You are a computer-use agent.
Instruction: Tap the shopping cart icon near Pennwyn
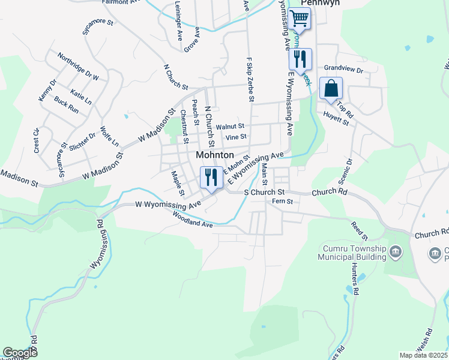click(x=300, y=19)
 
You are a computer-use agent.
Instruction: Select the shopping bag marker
click(x=331, y=89)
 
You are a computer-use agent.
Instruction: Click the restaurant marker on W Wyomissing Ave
click(x=210, y=178)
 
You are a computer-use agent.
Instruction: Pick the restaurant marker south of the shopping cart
click(x=300, y=59)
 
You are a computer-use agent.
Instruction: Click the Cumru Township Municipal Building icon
click(x=395, y=251)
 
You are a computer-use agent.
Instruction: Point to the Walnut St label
click(x=231, y=127)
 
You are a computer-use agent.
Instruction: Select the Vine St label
click(x=235, y=137)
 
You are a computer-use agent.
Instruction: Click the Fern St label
click(x=282, y=202)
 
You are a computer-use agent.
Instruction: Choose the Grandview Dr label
click(x=344, y=70)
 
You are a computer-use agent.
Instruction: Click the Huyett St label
click(x=338, y=121)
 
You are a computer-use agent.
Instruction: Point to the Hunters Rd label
click(x=355, y=283)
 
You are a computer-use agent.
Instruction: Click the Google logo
click(x=20, y=353)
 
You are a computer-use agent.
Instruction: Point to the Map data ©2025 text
click(x=424, y=355)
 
